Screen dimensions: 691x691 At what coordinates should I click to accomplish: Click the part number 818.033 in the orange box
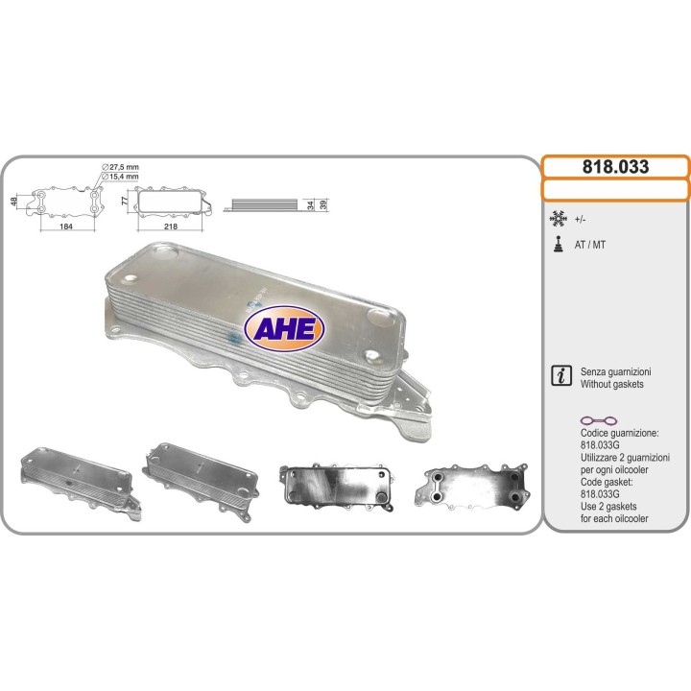(615, 167)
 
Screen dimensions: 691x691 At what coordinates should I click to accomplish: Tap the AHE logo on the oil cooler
(285, 327)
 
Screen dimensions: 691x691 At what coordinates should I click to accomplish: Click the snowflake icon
(557, 218)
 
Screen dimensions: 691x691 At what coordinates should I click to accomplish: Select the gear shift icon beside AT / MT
(557, 244)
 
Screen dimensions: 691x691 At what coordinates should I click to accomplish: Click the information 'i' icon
(562, 375)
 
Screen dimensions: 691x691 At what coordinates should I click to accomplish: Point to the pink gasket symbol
(601, 421)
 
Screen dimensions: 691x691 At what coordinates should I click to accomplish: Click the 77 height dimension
(125, 203)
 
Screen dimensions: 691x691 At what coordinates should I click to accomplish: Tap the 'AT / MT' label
(590, 245)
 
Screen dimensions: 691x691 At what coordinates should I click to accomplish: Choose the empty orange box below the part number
(615, 190)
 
